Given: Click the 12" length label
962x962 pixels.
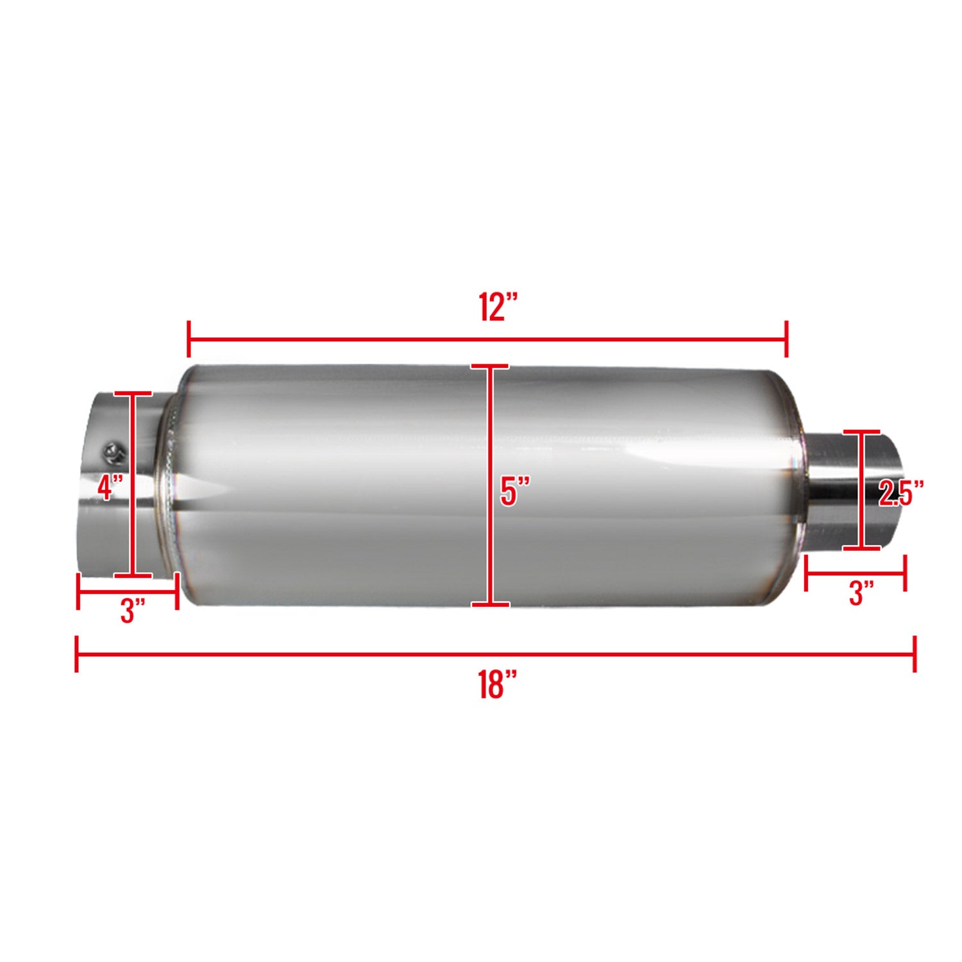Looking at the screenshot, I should [x=498, y=307].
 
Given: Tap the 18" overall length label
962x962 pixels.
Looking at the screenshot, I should [x=497, y=684].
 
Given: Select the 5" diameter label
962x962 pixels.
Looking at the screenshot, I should [x=515, y=492].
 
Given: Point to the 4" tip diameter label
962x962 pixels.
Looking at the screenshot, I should [x=110, y=487].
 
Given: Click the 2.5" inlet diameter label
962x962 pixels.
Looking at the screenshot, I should [x=900, y=493].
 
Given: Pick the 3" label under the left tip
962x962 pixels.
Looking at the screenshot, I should [x=133, y=610].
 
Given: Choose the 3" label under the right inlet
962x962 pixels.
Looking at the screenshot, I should [x=861, y=593].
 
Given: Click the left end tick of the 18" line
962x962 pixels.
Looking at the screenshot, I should [x=77, y=654].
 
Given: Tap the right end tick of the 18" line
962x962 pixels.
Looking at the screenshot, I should [x=915, y=654].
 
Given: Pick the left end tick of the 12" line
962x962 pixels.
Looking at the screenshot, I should [x=189, y=339].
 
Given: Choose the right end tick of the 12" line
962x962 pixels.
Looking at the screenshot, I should [x=786, y=339].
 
